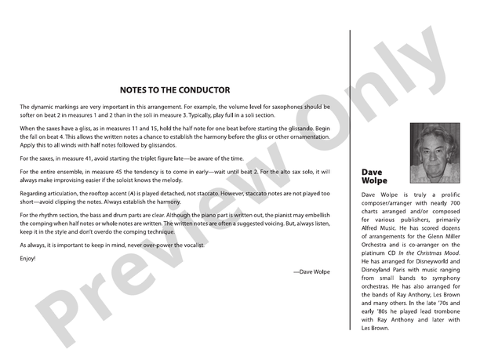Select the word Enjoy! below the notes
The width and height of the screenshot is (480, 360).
[x=27, y=258]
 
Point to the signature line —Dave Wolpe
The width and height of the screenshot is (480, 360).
[x=311, y=271]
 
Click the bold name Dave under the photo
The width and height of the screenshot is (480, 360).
[x=373, y=171]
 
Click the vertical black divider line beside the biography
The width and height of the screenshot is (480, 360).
[x=350, y=187]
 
